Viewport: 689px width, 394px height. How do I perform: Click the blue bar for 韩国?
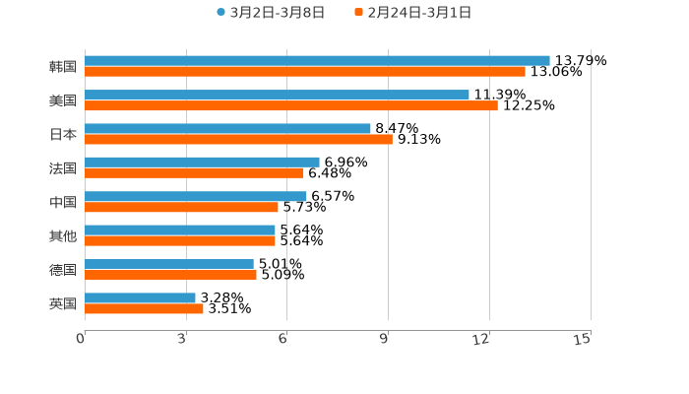(x=317, y=60)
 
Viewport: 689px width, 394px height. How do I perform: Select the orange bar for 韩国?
(x=305, y=72)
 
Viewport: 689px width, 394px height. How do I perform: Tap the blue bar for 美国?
(x=277, y=95)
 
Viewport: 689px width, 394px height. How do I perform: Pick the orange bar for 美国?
(x=291, y=105)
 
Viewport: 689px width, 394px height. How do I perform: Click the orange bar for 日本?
(x=238, y=139)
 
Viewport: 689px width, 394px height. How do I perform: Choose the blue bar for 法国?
(x=202, y=162)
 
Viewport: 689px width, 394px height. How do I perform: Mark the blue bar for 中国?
(x=196, y=196)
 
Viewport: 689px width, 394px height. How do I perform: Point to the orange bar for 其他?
(x=180, y=240)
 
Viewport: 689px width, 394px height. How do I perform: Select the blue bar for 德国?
(x=169, y=264)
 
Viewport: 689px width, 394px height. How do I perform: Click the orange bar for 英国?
(x=144, y=308)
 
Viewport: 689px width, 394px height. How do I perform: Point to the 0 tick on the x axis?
(x=82, y=340)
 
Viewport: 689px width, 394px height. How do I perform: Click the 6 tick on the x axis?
(x=283, y=340)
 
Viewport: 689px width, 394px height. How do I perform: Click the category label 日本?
(x=62, y=134)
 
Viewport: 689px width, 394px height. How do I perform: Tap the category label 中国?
(x=62, y=202)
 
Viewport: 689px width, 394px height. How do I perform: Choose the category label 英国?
(x=62, y=303)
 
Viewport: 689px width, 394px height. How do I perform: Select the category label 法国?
(x=62, y=167)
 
